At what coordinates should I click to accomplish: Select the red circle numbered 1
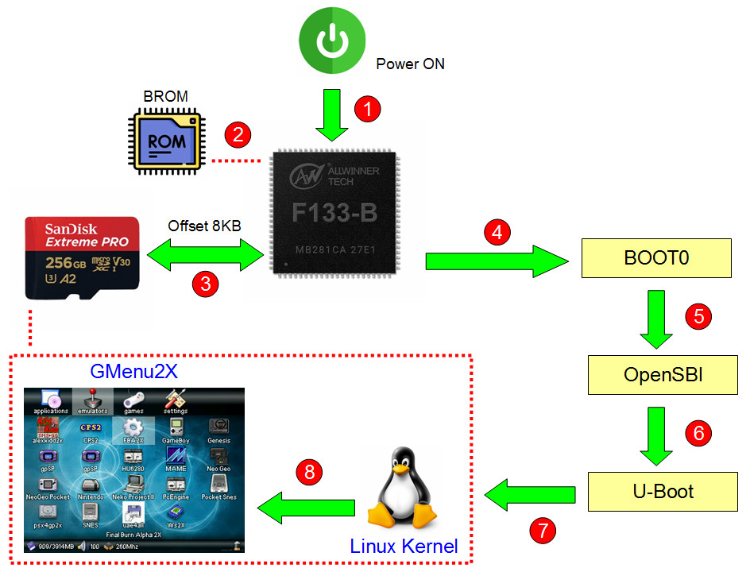point(367,109)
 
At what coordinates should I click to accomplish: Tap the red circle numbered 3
point(207,284)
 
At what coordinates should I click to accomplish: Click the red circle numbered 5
point(698,315)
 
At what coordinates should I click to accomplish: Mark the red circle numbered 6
point(698,433)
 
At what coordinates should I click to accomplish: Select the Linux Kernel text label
point(404,547)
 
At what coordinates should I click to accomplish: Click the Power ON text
point(410,64)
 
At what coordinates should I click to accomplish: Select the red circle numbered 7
point(542,530)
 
